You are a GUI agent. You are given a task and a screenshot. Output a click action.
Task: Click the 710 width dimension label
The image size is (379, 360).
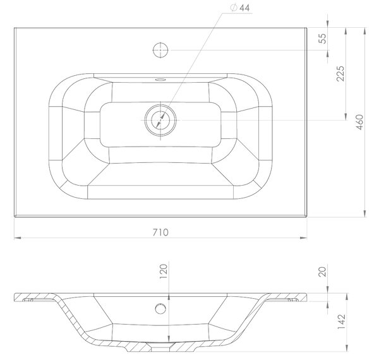(x=160, y=232)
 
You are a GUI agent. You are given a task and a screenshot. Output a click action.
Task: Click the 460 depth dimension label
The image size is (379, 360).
(x=360, y=123)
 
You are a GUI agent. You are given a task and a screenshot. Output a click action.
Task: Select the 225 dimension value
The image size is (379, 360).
(x=340, y=73)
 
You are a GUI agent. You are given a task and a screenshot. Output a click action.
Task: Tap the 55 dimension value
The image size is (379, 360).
(x=322, y=39)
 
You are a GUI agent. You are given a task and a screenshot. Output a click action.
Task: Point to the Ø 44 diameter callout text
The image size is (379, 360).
(x=240, y=8)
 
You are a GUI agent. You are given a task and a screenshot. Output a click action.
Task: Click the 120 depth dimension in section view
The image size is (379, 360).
(x=164, y=272)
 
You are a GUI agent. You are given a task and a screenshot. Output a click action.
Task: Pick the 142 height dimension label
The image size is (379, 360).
(x=341, y=321)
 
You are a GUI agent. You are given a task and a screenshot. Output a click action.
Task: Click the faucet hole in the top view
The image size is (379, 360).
(x=160, y=50)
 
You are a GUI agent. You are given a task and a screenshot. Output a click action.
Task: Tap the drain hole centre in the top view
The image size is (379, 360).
(x=160, y=120)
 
